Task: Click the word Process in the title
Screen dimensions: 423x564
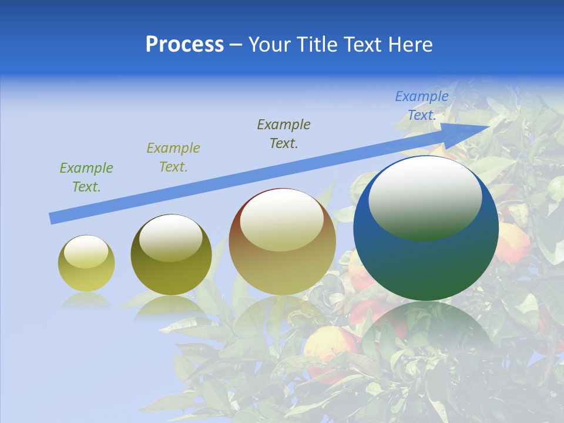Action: [184, 45]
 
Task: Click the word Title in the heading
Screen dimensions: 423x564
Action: [318, 45]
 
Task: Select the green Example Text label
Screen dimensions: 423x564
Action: [86, 177]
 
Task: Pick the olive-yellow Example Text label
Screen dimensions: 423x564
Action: [173, 157]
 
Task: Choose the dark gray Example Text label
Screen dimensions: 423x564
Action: [284, 133]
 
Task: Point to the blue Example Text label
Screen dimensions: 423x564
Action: [421, 106]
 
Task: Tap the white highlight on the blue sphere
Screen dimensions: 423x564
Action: [425, 197]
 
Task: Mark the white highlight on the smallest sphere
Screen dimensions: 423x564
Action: [86, 251]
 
